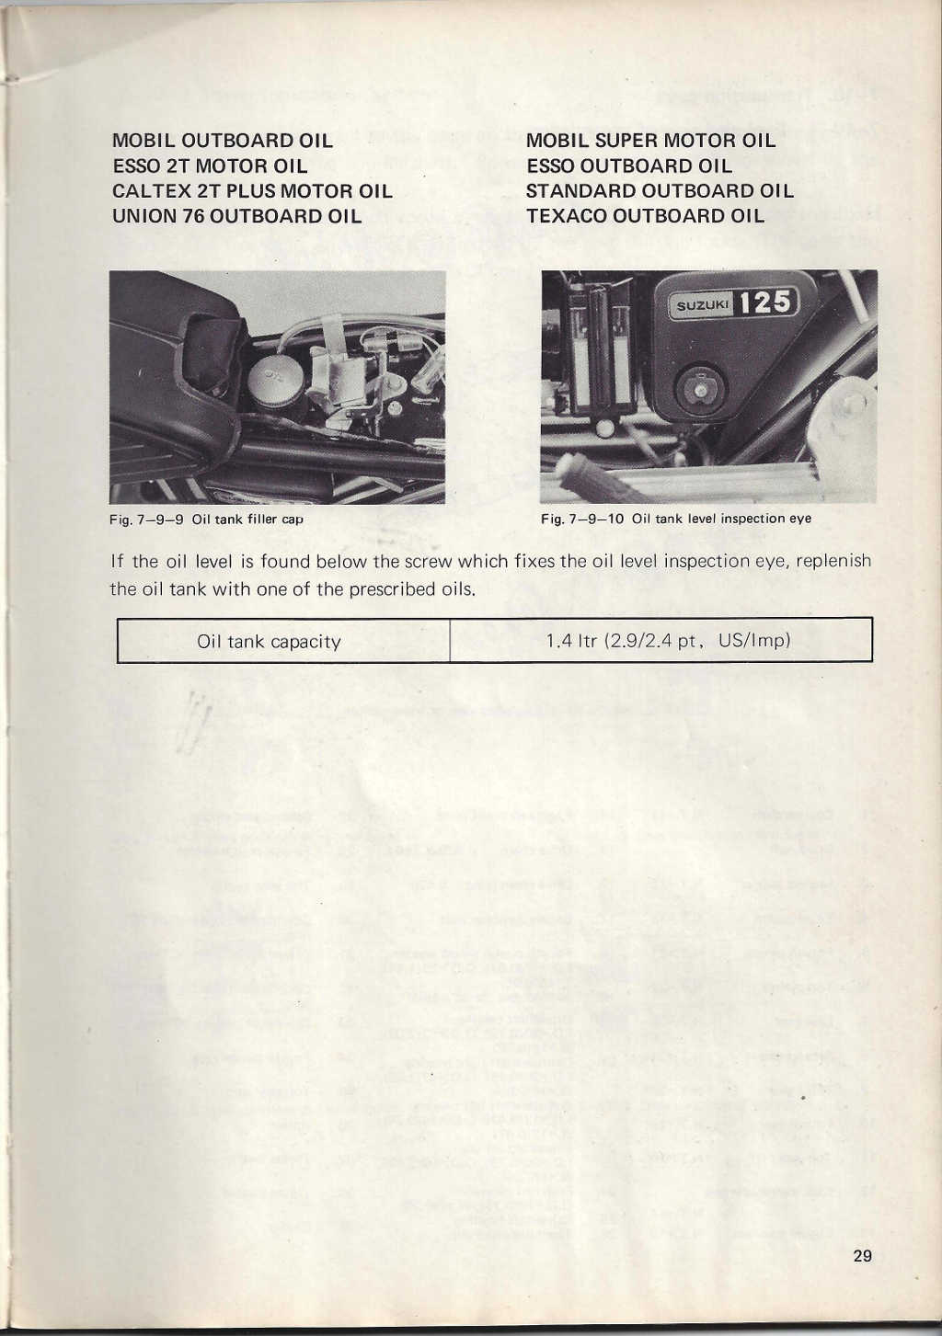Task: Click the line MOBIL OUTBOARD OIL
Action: [x=222, y=141]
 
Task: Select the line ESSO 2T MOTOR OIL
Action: [x=210, y=166]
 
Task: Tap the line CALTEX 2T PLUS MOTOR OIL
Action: [x=252, y=191]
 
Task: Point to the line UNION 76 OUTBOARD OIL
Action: [x=236, y=216]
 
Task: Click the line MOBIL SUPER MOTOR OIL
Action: [x=650, y=141]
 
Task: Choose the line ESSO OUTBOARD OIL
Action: [x=629, y=166]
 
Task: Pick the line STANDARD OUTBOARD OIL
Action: [x=660, y=191]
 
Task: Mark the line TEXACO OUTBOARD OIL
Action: [x=645, y=216]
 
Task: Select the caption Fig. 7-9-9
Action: [x=206, y=519]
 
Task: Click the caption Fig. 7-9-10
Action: [x=676, y=519]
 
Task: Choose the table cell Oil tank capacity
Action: [x=270, y=642]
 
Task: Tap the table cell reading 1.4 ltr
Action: [x=668, y=641]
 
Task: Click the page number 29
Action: [x=862, y=1256]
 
